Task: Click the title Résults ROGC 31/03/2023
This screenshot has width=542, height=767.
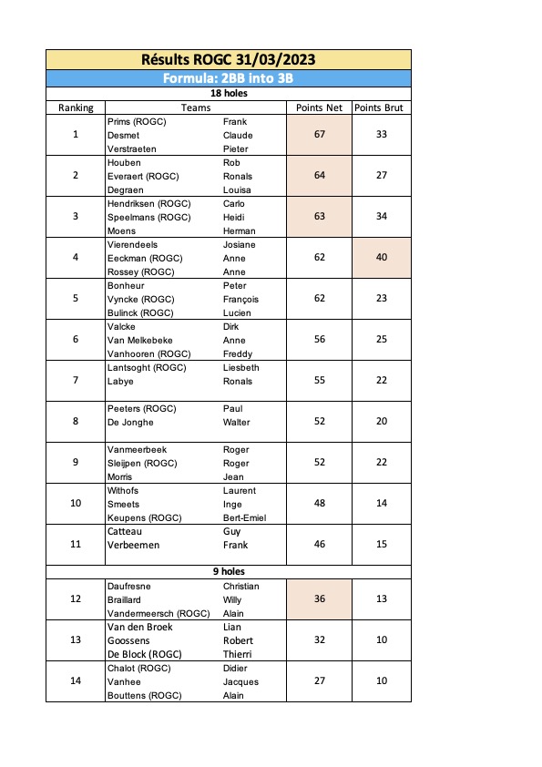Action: [x=228, y=60]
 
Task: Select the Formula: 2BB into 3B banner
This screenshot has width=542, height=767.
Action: [x=228, y=78]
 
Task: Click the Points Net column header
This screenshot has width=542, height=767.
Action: [x=319, y=107]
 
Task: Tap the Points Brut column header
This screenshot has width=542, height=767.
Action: [x=382, y=107]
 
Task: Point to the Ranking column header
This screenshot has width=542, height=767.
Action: [x=76, y=107]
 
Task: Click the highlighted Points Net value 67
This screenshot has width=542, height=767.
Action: [x=319, y=135]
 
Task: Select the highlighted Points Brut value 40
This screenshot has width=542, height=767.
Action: [x=382, y=258]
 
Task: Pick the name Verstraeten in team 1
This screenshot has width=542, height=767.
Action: [x=133, y=148]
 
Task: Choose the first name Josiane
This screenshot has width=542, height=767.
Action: [x=240, y=244]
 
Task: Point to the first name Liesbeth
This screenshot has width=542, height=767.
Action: [x=241, y=367]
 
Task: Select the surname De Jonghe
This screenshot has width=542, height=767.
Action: [x=130, y=422]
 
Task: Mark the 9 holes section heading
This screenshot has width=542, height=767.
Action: [x=228, y=570]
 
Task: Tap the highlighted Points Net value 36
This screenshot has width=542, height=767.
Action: [x=319, y=599]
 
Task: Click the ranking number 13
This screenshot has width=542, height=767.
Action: [x=76, y=640]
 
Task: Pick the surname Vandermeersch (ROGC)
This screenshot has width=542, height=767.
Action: [x=159, y=613]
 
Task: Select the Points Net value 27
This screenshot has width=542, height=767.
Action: [x=319, y=681]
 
